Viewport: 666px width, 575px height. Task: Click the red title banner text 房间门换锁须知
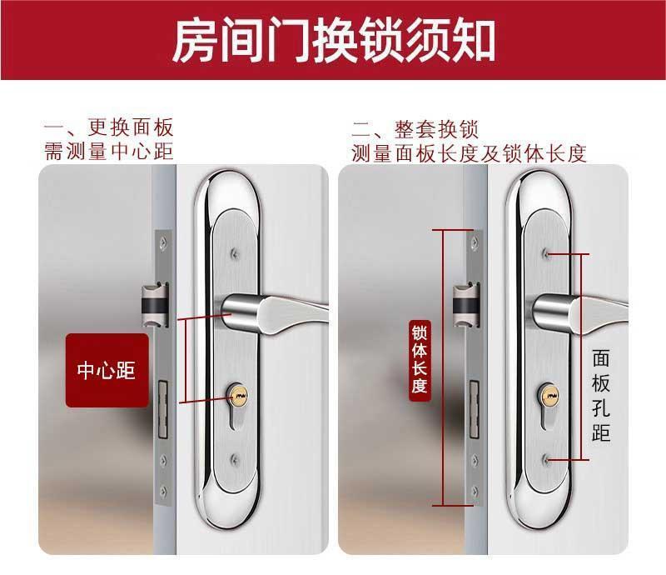tap(334, 40)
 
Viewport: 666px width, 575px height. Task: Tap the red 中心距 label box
tap(107, 370)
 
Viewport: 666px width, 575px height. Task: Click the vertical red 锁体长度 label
tap(420, 360)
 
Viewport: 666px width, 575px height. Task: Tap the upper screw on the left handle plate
tap(234, 254)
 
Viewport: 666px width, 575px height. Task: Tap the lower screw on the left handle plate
tap(234, 458)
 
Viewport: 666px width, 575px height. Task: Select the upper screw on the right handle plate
tap(545, 254)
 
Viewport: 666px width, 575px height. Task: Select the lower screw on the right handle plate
tap(545, 459)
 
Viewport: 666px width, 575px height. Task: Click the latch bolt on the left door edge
tap(155, 305)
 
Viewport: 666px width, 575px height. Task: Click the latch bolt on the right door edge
tap(465, 305)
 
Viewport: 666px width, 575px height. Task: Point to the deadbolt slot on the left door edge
tap(162, 409)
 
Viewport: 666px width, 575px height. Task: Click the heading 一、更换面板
tap(109, 127)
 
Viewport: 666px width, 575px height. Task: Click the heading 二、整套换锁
tap(415, 129)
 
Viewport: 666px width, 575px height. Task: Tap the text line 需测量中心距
tap(109, 152)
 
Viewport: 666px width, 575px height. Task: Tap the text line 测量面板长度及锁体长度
tap(469, 153)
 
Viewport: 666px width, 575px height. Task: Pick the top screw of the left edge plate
tap(163, 242)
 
